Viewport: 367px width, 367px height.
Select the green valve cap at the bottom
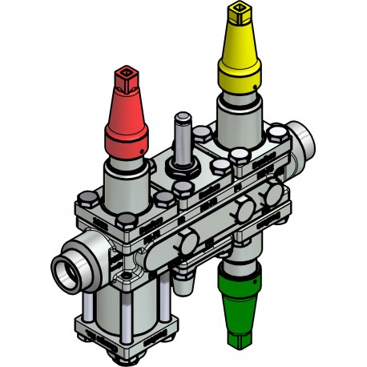(239, 309)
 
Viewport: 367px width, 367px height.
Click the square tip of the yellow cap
(239, 11)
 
